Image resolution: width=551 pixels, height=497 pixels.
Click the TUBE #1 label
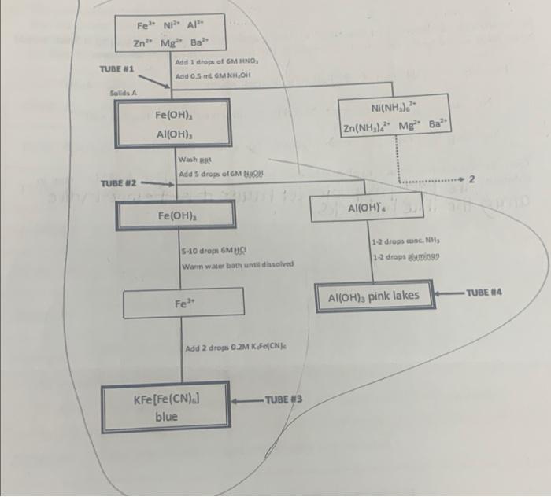(x=116, y=69)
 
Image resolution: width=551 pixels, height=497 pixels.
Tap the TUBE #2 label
(x=119, y=184)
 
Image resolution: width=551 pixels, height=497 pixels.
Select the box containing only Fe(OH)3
(x=176, y=215)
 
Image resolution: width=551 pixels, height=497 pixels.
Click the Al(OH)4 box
(x=364, y=210)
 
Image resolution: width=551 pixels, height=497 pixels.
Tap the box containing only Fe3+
(x=181, y=304)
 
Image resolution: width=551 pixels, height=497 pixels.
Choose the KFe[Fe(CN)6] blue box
(x=166, y=407)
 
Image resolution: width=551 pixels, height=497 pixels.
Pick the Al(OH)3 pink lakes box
(x=374, y=296)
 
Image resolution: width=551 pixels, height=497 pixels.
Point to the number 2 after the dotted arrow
(x=471, y=181)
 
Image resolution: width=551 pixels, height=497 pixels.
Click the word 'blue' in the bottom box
(x=166, y=417)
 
